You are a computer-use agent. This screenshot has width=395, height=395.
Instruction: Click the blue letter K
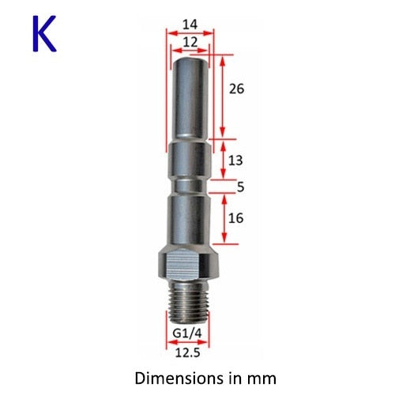coord(45,36)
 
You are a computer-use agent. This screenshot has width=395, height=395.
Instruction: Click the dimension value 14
coord(190,24)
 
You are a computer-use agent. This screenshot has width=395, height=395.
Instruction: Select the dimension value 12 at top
coord(190,41)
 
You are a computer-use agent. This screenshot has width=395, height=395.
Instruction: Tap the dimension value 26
coord(235,88)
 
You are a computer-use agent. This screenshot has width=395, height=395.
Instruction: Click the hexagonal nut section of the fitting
coord(190,263)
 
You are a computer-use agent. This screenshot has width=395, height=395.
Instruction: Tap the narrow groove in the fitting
coord(190,187)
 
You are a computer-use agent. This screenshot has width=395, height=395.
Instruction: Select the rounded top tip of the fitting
coord(190,59)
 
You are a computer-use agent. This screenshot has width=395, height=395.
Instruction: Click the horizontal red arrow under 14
coord(190,33)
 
